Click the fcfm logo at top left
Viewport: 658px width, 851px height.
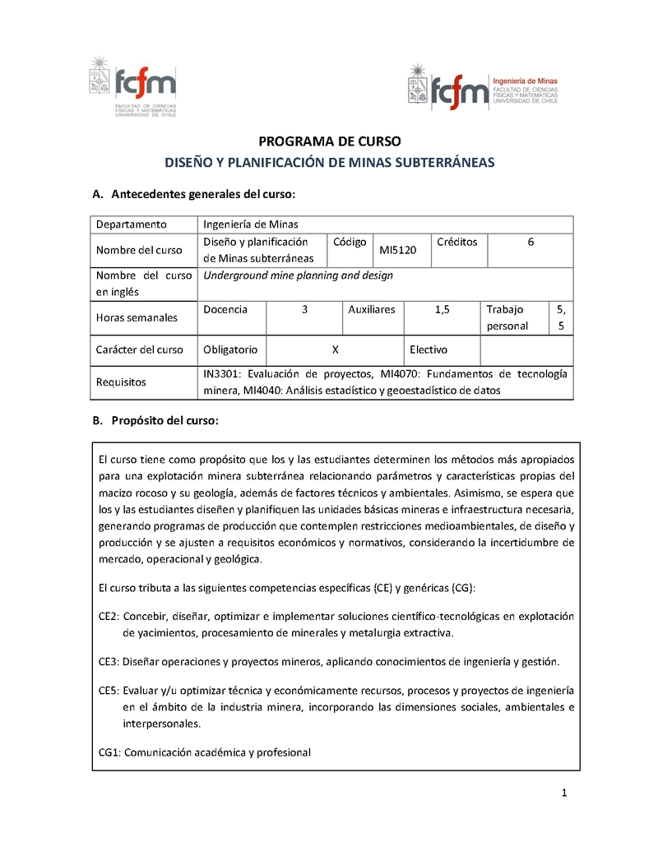point(132,86)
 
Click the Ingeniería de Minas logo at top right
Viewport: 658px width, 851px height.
point(483,88)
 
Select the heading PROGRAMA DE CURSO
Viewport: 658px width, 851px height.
point(330,141)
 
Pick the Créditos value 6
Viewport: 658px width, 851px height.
point(531,242)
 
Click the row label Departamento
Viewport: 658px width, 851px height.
point(132,224)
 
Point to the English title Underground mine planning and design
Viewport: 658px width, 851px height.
point(298,275)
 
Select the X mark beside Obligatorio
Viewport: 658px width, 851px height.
point(335,349)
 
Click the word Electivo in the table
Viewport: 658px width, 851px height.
point(429,349)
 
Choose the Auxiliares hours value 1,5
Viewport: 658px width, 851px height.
point(443,309)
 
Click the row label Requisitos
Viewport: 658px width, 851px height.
point(121,382)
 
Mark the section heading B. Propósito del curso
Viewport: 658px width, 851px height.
point(155,421)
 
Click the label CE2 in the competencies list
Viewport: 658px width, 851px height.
point(109,616)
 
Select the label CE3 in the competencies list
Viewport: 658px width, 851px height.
point(109,661)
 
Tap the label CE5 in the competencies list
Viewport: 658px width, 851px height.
point(109,690)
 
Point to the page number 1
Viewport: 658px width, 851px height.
point(565,793)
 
